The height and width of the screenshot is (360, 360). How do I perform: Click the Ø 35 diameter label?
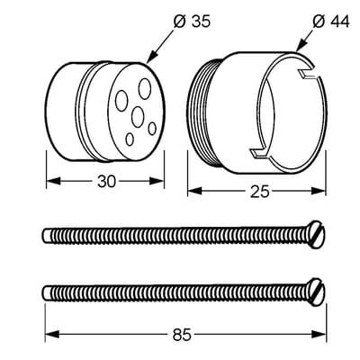point(192,22)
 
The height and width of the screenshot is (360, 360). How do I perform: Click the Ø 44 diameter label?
point(331,22)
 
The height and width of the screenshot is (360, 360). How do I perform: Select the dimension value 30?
point(106,181)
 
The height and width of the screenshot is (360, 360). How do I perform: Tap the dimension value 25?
point(260,192)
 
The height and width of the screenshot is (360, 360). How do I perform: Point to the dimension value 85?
point(182,335)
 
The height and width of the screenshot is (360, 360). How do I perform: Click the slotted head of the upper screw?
point(315,235)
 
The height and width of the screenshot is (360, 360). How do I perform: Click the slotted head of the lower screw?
point(315,292)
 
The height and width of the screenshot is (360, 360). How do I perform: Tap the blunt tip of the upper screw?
point(46,236)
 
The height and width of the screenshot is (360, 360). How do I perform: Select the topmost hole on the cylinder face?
point(145,88)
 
